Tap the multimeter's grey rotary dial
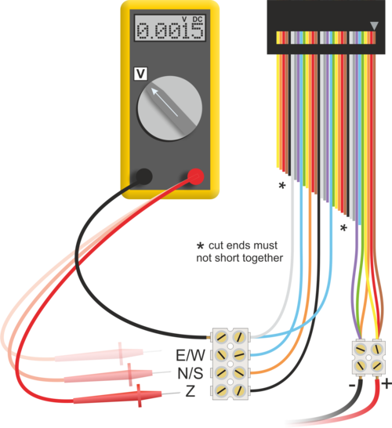[x=169, y=108]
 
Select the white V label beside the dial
[x=140, y=74]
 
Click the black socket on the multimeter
[x=143, y=176]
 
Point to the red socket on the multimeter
[x=195, y=176]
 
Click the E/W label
[x=191, y=355]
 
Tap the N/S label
[x=191, y=373]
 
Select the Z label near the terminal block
[x=191, y=391]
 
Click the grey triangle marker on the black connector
[x=374, y=26]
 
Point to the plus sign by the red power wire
[x=387, y=384]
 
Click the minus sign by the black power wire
[x=352, y=386]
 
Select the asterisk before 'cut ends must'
[x=201, y=245]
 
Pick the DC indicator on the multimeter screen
[x=198, y=20]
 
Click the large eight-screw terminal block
[x=230, y=364]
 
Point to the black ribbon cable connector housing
[x=326, y=27]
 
